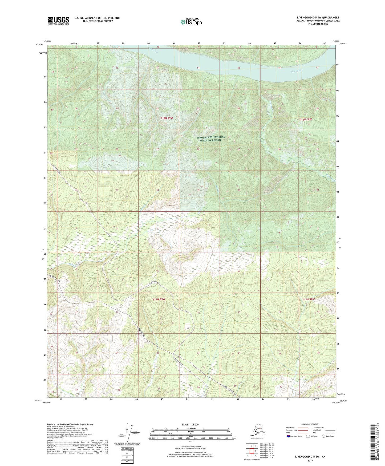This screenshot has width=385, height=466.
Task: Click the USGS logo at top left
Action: [58, 21]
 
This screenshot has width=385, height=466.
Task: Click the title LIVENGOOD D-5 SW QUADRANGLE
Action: [318, 18]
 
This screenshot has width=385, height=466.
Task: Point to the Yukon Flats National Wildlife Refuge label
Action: [210, 138]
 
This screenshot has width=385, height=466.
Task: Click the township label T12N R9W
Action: [168, 118]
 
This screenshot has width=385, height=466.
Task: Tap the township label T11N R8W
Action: [309, 299]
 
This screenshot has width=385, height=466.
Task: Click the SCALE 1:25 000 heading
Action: [190, 424]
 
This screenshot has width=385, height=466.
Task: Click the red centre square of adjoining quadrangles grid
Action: [251, 451]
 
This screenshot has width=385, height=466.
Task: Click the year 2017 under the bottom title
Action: [310, 460]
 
